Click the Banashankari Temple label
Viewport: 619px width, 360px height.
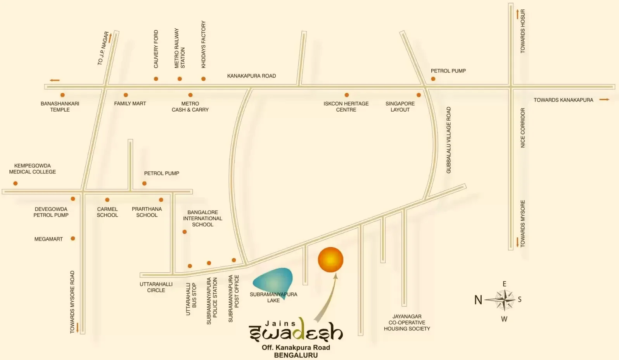point(60,106)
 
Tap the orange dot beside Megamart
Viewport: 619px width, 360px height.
point(73,239)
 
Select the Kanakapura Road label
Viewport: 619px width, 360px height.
point(251,76)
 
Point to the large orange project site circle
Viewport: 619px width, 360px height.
point(330,260)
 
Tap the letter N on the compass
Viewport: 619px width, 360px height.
point(478,300)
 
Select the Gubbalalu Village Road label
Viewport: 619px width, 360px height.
point(449,140)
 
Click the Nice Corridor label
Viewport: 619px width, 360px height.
point(522,128)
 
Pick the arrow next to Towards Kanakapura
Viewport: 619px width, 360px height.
point(604,100)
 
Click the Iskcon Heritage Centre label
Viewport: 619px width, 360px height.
point(346,106)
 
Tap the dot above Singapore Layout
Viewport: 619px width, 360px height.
point(418,95)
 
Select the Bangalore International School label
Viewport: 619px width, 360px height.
point(202,218)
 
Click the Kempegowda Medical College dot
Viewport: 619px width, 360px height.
point(16,183)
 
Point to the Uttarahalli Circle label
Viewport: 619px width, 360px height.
point(156,287)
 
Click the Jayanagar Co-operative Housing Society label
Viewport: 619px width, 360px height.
point(407,322)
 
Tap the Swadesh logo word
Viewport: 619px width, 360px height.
point(296,332)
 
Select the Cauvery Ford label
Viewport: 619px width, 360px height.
point(156,49)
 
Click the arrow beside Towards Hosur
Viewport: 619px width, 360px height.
point(517,15)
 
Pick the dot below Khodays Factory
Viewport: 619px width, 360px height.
point(203,79)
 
